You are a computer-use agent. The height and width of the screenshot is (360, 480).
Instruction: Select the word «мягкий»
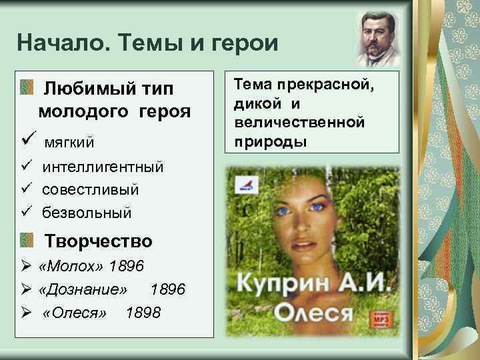pyautogui.click(x=69, y=142)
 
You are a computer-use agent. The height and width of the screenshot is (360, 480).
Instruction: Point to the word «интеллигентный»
pyautogui.click(x=103, y=167)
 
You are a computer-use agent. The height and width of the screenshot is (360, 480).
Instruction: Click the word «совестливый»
pyautogui.click(x=91, y=190)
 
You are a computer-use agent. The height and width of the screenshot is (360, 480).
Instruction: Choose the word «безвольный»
pyautogui.click(x=87, y=213)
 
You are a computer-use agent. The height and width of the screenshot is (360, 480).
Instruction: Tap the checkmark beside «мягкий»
pyautogui.click(x=27, y=141)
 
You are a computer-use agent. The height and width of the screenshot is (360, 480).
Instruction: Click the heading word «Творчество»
pyautogui.click(x=98, y=241)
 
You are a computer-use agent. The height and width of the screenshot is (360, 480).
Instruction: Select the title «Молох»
pyautogui.click(x=73, y=267)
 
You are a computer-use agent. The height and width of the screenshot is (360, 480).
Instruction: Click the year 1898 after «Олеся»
pyautogui.click(x=143, y=313)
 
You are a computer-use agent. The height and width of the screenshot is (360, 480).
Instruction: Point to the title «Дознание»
pyautogui.click(x=83, y=289)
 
